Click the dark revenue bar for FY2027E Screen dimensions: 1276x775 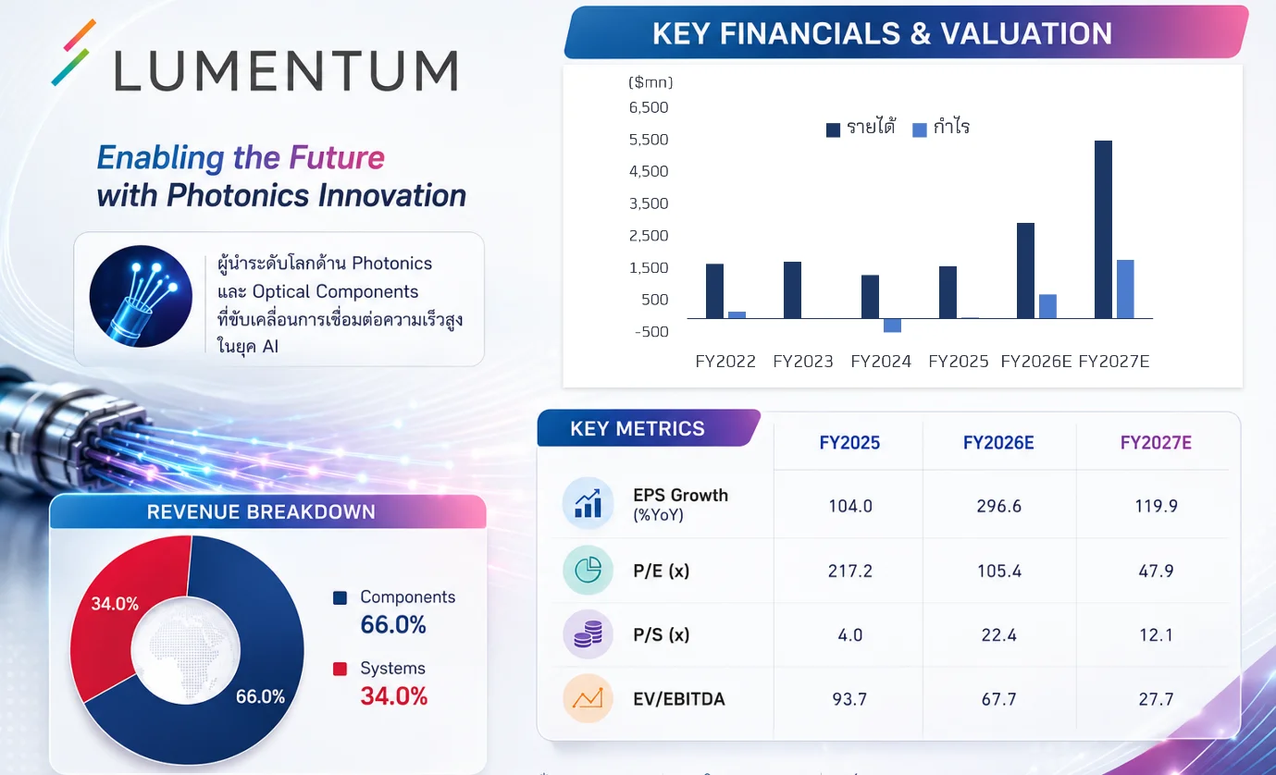[1103, 229]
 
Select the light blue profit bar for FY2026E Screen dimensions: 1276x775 [1047, 306]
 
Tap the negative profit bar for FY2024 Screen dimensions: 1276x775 [892, 326]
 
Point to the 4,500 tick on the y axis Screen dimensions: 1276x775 [649, 171]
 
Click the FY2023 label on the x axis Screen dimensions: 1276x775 [802, 361]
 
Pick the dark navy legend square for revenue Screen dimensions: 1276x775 [833, 129]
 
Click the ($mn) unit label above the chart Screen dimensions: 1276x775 [650, 82]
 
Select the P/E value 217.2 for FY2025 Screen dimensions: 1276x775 [850, 571]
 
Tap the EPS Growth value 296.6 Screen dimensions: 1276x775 [998, 506]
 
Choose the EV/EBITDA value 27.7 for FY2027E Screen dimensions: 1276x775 [1156, 698]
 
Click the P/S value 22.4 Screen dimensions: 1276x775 [998, 634]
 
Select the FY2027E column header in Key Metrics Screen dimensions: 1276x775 [1156, 442]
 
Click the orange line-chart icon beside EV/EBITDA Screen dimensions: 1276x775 [588, 698]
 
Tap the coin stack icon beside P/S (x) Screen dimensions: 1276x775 [588, 634]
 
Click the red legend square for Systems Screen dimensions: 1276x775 [340, 669]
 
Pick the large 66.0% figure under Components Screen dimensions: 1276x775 [393, 624]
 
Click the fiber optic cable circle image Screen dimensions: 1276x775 [141, 296]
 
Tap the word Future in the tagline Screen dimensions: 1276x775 [337, 158]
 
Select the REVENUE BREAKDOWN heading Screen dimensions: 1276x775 [261, 512]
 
